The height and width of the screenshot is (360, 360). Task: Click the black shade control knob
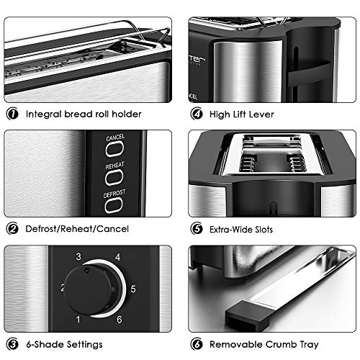(89, 289)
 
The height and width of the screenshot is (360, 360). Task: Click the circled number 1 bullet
(12, 114)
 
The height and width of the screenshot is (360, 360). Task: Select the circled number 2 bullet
(12, 229)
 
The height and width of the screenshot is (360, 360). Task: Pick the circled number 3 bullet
(12, 344)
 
